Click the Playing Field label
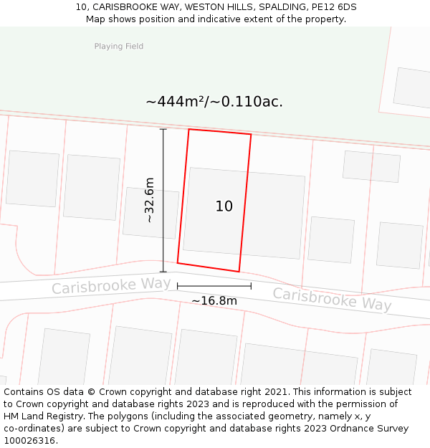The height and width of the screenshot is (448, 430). pyautogui.click(x=119, y=47)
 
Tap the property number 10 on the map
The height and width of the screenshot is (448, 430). pyautogui.click(x=224, y=206)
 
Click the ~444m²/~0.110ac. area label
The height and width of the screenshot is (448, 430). pyautogui.click(x=214, y=102)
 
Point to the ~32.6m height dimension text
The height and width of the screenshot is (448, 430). pyautogui.click(x=149, y=200)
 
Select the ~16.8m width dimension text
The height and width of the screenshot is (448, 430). pyautogui.click(x=214, y=301)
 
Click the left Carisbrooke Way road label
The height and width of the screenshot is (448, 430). pyautogui.click(x=111, y=285)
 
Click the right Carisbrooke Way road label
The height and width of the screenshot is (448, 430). pyautogui.click(x=332, y=299)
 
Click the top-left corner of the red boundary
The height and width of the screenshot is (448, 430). pyautogui.click(x=188, y=130)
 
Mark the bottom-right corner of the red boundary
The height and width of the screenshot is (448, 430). pyautogui.click(x=239, y=272)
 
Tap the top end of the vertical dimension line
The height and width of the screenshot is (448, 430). pyautogui.click(x=163, y=129)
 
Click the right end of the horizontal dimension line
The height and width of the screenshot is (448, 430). pyautogui.click(x=251, y=286)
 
